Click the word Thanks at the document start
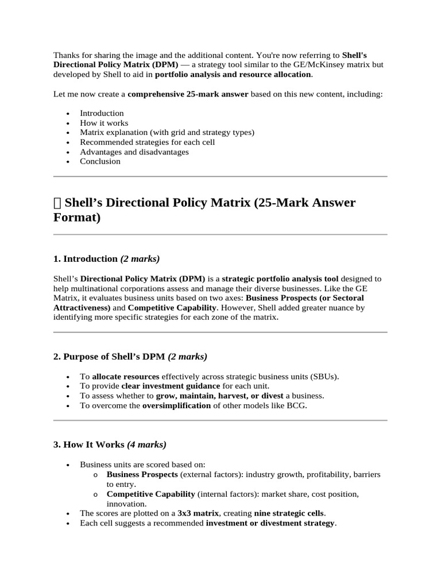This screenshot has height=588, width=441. click(x=65, y=56)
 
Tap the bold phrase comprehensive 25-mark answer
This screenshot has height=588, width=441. click(x=188, y=94)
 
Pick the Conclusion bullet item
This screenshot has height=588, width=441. click(x=100, y=161)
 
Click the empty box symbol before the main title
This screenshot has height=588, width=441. click(x=57, y=203)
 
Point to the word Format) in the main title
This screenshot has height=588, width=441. click(x=76, y=219)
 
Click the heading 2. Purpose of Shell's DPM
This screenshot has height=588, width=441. click(x=130, y=357)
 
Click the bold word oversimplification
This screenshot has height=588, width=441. click(x=176, y=405)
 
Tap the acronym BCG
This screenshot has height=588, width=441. click(x=297, y=405)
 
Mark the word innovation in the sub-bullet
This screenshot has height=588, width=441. click(x=127, y=504)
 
